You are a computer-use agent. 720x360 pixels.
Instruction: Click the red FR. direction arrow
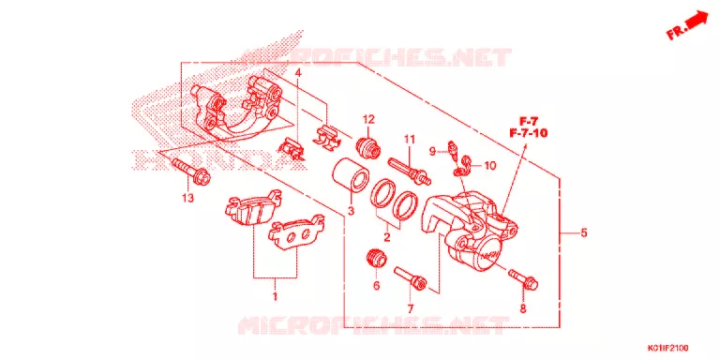point(686,25)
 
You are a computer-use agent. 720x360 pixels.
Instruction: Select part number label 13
point(187,198)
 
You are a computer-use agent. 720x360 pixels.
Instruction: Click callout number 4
point(298,72)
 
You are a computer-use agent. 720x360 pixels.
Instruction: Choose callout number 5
point(583,232)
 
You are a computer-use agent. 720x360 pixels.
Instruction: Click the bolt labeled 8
point(523,279)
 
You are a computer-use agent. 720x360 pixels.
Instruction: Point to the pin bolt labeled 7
point(411,278)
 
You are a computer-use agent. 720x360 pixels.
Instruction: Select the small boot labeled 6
point(377,258)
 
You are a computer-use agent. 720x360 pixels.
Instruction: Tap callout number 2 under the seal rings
point(386,237)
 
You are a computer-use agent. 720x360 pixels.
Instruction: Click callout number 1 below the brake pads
point(275,296)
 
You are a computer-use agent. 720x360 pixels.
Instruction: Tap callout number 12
point(368,119)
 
